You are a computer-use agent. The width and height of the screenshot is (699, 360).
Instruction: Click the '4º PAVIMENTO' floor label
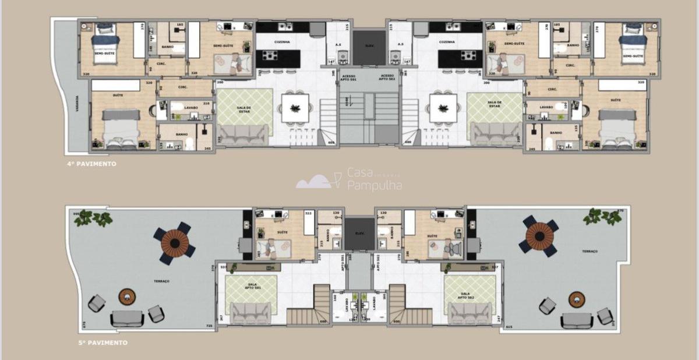91,164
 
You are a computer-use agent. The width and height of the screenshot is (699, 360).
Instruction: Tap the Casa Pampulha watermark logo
349,179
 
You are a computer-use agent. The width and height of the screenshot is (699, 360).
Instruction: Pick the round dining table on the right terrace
540,235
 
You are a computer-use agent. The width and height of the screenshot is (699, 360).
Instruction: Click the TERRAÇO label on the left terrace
161,281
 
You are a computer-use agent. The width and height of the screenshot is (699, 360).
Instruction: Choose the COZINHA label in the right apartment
447,43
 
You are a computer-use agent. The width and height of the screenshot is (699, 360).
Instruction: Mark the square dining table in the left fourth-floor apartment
295,108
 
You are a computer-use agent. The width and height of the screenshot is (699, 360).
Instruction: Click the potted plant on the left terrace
93,218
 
